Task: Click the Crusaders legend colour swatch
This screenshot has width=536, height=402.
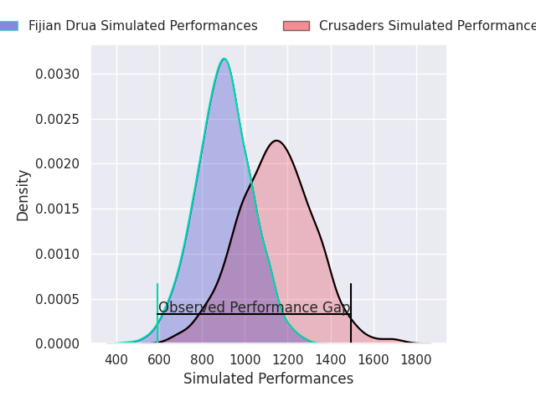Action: click(x=296, y=26)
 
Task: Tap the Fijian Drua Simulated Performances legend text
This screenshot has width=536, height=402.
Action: click(x=142, y=26)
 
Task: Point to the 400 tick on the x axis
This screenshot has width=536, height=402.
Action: click(x=116, y=359)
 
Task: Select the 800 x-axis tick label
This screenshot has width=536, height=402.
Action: click(x=202, y=359)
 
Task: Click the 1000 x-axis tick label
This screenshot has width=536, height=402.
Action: click(x=245, y=359)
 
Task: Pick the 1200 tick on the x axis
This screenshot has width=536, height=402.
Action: click(x=287, y=359)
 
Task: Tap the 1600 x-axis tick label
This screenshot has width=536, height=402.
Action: click(x=374, y=359)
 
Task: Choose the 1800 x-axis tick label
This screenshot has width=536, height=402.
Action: click(x=416, y=359)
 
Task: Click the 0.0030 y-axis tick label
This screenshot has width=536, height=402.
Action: click(x=58, y=75)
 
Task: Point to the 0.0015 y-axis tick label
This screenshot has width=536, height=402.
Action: click(x=58, y=209)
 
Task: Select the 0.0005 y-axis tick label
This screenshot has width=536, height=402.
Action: click(x=58, y=299)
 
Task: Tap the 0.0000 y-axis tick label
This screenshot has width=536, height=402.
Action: click(x=58, y=344)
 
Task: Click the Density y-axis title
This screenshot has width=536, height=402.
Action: click(x=23, y=194)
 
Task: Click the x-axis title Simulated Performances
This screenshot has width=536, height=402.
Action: click(x=268, y=379)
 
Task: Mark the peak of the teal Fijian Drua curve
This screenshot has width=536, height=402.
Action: click(x=224, y=59)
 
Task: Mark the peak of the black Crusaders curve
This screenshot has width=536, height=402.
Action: click(x=276, y=141)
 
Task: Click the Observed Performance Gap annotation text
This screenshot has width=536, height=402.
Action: click(x=254, y=307)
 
